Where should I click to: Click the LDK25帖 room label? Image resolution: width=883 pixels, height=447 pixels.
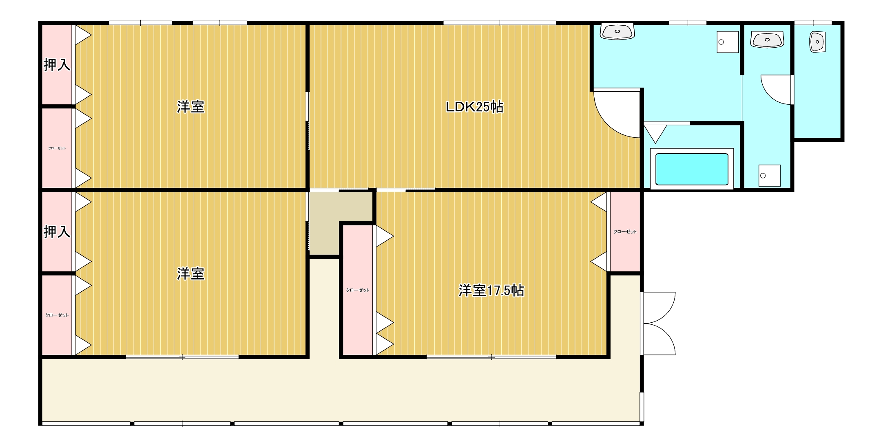tap(474, 107)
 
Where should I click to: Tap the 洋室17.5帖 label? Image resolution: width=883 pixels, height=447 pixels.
tap(491, 291)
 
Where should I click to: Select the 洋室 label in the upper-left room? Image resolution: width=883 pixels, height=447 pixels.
tap(190, 107)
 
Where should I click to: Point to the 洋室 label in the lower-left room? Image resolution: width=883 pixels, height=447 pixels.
tap(190, 274)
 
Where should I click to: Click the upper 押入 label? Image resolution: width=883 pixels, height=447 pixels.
tap(57, 65)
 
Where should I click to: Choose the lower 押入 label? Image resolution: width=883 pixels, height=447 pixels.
tap(57, 232)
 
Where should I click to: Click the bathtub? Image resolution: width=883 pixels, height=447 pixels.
tap(692, 169)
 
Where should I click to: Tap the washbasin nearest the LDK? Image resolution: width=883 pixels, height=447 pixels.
tap(617, 31)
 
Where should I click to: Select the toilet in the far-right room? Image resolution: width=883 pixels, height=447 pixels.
tap(817, 42)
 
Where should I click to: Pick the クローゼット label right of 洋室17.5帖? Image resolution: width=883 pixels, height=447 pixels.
tap(625, 232)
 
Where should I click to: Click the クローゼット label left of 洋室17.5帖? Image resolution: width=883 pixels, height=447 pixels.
tap(358, 290)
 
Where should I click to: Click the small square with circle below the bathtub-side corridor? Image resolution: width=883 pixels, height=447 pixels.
tap(769, 176)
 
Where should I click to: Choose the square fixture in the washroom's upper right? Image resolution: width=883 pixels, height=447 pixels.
tap(728, 42)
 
